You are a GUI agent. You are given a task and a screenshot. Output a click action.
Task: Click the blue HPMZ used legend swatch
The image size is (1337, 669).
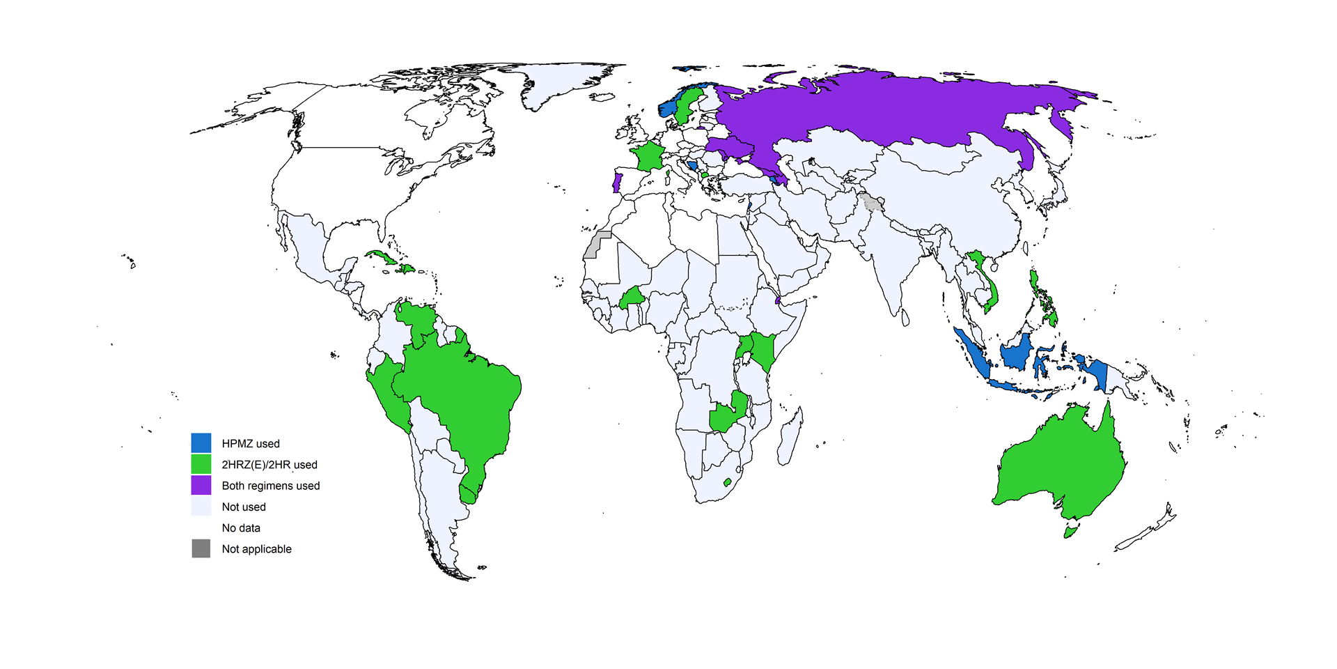point(201,443)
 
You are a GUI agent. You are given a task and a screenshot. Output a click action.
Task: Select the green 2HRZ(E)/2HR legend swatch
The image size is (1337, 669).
point(201,464)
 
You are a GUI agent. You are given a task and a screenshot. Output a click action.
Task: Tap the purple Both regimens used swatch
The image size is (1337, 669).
point(201,485)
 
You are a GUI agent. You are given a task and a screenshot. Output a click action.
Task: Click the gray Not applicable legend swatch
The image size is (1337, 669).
point(201,548)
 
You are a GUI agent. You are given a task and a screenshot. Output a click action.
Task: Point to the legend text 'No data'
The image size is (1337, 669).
point(241,528)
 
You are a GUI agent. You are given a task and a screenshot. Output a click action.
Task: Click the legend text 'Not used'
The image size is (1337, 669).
point(244,507)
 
